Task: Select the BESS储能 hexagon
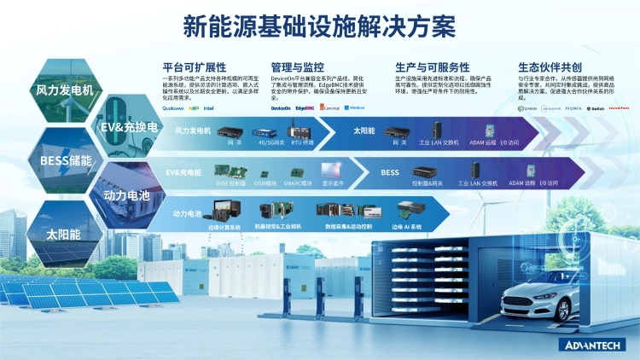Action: [64, 159]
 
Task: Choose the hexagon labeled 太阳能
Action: [64, 233]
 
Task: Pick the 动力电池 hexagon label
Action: [126, 195]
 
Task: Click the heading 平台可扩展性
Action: [194, 67]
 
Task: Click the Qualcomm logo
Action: [173, 108]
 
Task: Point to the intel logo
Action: [208, 108]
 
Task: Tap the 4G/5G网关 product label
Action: [271, 142]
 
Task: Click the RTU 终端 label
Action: [303, 142]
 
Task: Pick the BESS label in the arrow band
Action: [389, 172]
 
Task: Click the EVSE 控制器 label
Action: [230, 183]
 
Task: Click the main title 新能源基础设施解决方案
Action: [320, 27]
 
